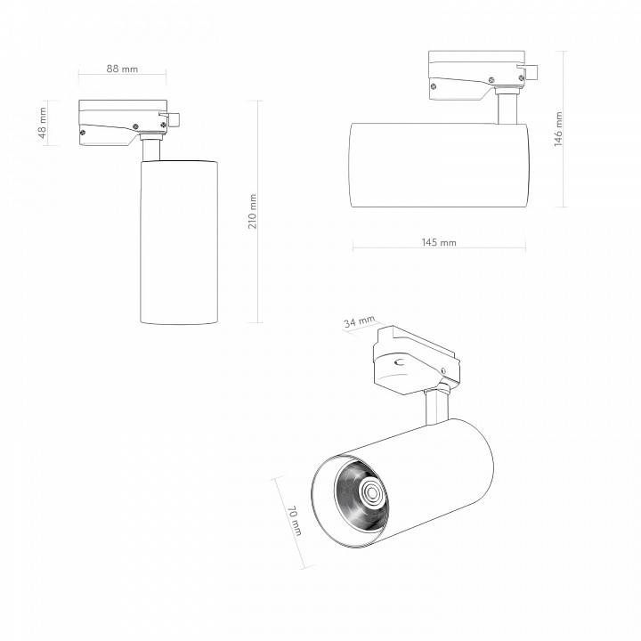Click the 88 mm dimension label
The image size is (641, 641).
[x=122, y=69]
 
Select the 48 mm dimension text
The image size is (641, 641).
[x=43, y=123]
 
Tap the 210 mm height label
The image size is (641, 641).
[x=253, y=211]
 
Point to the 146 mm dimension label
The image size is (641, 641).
[x=558, y=129]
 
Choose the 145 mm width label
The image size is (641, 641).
[x=439, y=242]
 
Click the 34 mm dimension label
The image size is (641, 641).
[x=359, y=321]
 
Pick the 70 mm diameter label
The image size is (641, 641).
[x=295, y=521]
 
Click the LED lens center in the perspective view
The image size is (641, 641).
[x=372, y=492]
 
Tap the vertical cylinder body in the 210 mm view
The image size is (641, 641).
[x=179, y=242]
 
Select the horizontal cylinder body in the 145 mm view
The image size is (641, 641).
[x=439, y=165]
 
